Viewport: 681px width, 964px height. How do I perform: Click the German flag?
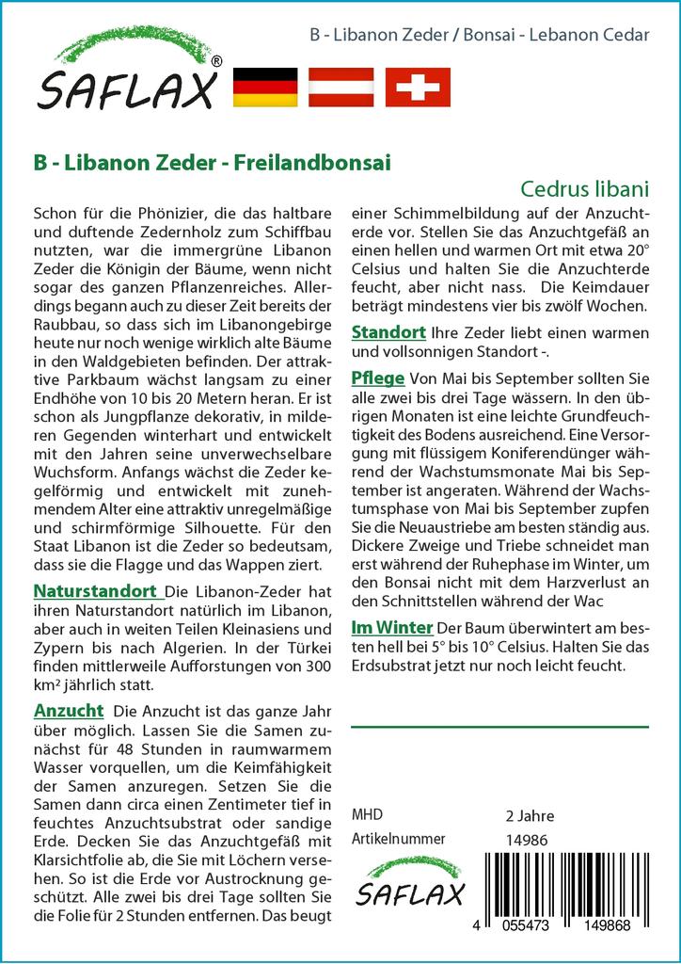[264, 87]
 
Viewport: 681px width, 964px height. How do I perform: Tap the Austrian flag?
[341, 87]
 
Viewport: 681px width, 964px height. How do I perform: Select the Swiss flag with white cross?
[419, 87]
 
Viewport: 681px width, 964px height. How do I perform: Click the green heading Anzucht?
[68, 710]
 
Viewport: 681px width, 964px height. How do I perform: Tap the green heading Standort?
[388, 332]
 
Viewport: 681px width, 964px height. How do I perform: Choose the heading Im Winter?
[391, 627]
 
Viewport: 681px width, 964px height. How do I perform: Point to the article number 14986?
[527, 839]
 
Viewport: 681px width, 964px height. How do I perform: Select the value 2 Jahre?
[530, 815]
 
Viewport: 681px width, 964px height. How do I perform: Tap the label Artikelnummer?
[398, 839]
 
